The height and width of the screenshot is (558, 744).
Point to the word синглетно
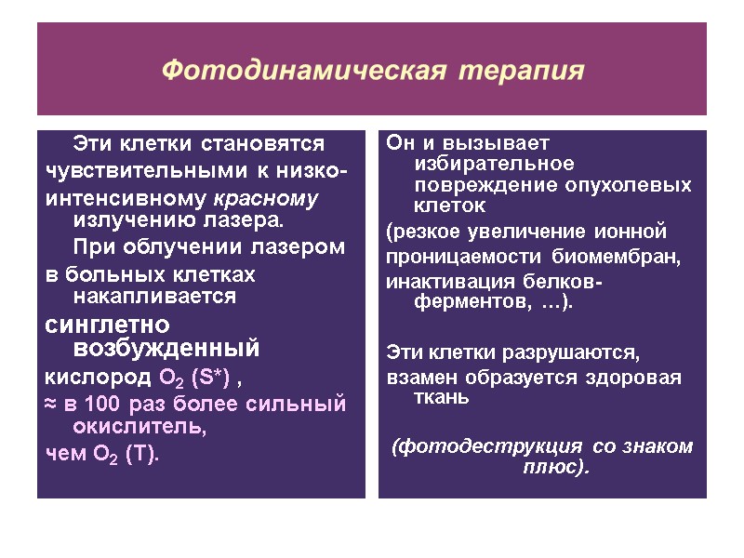coord(108,325)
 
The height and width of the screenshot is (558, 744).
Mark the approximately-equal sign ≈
coord(51,404)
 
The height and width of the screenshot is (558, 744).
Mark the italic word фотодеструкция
coord(491,445)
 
